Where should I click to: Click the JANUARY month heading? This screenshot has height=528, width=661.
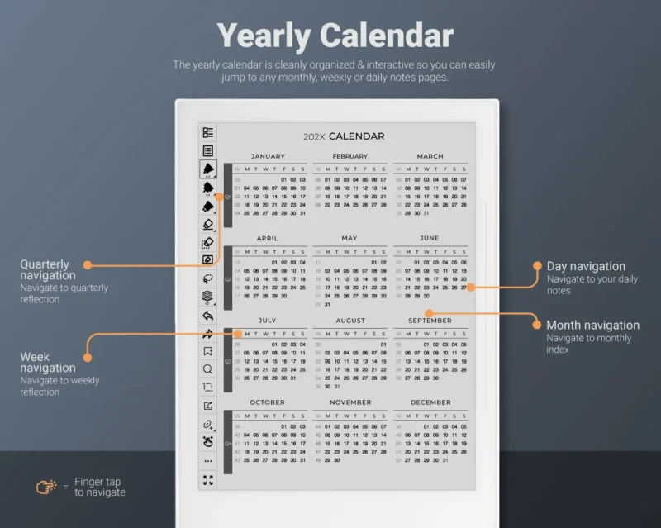[x=268, y=156]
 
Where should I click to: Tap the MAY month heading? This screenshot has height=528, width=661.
[x=350, y=238]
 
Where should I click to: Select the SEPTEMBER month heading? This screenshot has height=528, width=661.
[x=430, y=321]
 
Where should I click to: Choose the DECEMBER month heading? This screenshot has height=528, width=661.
[x=430, y=402]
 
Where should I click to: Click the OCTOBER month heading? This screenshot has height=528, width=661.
[x=268, y=402]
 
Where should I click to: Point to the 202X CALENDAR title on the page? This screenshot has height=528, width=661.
[x=344, y=136]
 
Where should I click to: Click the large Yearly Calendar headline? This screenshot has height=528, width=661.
[x=335, y=36]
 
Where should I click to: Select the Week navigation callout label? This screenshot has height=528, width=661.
[x=48, y=363]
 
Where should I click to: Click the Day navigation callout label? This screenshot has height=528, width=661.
[x=586, y=266]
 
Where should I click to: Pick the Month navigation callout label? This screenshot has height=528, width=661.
[x=592, y=325]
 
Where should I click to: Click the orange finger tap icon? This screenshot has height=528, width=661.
[x=45, y=488]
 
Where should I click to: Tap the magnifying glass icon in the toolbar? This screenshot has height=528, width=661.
[x=208, y=369]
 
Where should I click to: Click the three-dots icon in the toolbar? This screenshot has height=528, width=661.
[x=208, y=461]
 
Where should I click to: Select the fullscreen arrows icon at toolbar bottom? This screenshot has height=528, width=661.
[x=208, y=480]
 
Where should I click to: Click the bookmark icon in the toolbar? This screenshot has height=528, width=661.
[x=208, y=351]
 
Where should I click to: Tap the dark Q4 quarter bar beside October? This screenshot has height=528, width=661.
[x=228, y=442]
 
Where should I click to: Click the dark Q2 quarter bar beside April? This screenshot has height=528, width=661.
[x=228, y=278]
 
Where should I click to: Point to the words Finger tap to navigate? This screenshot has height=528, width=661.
[x=99, y=488]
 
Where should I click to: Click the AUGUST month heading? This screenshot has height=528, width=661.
[x=350, y=321]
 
